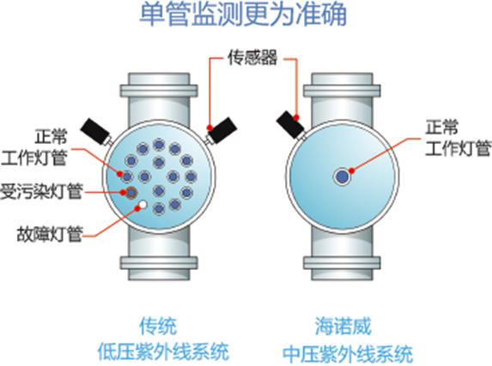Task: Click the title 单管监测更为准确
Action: tap(243, 15)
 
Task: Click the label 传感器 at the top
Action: tap(253, 57)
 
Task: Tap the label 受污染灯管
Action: tap(41, 191)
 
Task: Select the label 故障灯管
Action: tap(50, 234)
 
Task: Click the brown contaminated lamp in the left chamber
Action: tap(131, 192)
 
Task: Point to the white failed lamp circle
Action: tap(143, 205)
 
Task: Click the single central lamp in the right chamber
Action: tap(342, 177)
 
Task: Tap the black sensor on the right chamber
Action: tap(290, 124)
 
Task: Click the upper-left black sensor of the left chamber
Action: tap(95, 132)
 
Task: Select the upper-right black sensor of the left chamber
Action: tap(222, 129)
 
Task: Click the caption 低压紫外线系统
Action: tap(163, 351)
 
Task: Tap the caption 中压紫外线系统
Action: tap(348, 354)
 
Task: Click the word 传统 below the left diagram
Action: tap(159, 326)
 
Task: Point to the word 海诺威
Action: tap(343, 326)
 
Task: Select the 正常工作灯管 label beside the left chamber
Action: tap(34, 147)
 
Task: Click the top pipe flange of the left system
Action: tap(159, 91)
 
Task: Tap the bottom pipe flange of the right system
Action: tap(342, 262)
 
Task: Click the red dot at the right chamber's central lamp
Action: tap(352, 171)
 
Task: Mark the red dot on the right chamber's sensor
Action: tap(296, 117)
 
